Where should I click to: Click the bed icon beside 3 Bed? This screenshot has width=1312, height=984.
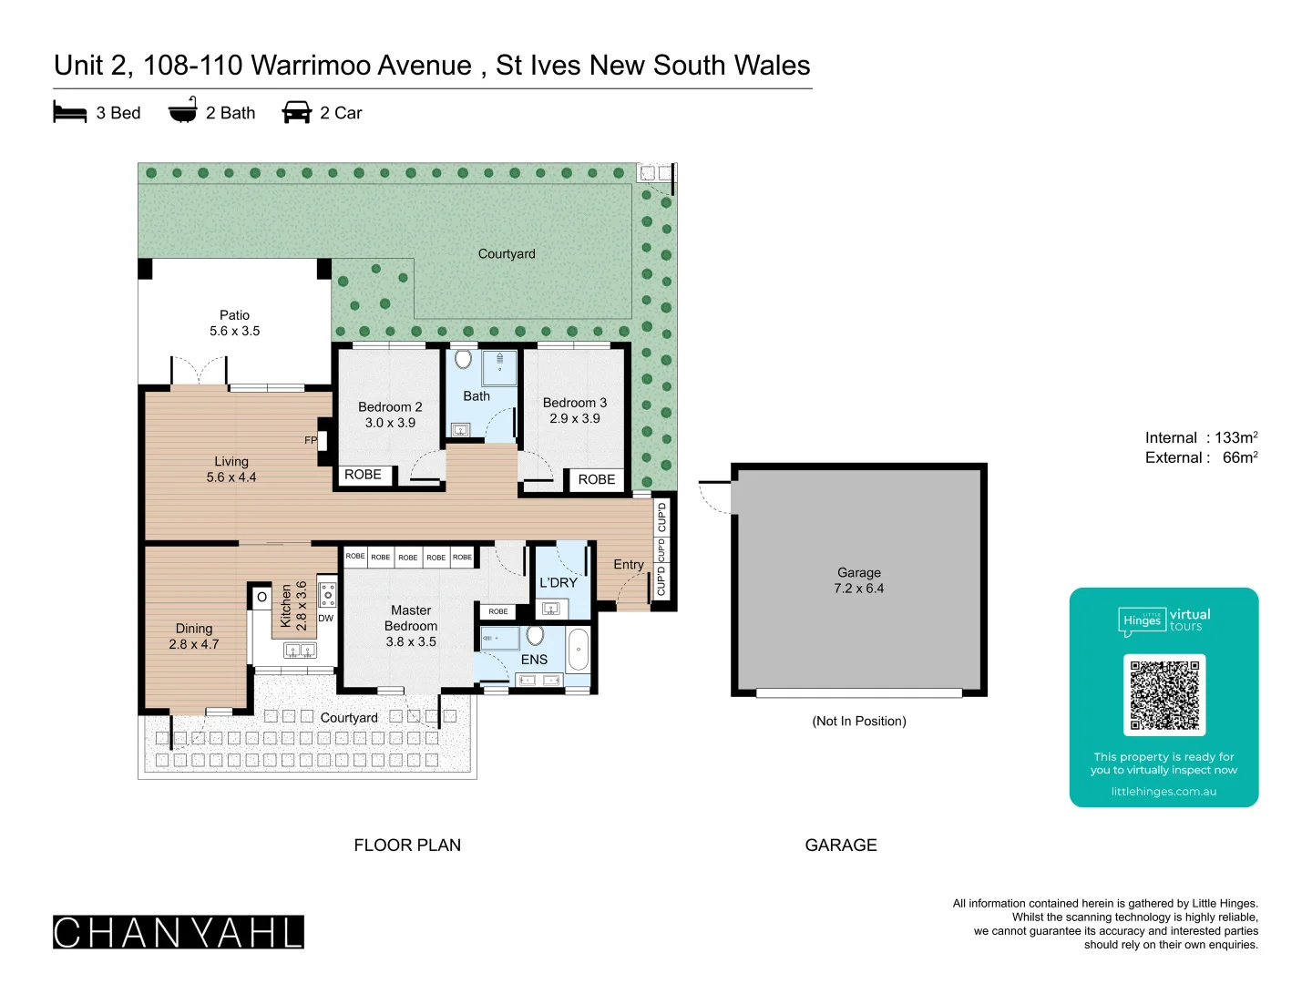pyautogui.click(x=70, y=112)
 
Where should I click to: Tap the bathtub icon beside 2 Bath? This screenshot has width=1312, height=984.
pyautogui.click(x=183, y=110)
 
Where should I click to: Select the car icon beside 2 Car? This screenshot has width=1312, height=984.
pyautogui.click(x=297, y=112)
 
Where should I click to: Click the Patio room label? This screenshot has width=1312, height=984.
pyautogui.click(x=234, y=315)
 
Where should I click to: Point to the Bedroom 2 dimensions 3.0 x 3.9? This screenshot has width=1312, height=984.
pyautogui.click(x=390, y=423)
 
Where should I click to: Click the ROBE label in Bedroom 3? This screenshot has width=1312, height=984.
pyautogui.click(x=597, y=479)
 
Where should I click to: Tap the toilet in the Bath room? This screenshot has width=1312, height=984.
pyautogui.click(x=464, y=359)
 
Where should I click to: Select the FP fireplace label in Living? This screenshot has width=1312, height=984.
pyautogui.click(x=311, y=440)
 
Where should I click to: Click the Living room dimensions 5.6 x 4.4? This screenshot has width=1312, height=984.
pyautogui.click(x=231, y=477)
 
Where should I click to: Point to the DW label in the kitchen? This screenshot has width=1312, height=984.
pyautogui.click(x=325, y=618)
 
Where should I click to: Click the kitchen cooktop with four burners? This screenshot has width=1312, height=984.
pyautogui.click(x=327, y=594)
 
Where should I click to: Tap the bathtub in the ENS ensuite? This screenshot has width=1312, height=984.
pyautogui.click(x=578, y=650)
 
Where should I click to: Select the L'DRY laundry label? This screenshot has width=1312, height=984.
pyautogui.click(x=558, y=582)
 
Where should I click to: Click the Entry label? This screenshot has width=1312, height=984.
pyautogui.click(x=629, y=564)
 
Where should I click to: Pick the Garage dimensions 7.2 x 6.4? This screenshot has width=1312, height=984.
pyautogui.click(x=858, y=589)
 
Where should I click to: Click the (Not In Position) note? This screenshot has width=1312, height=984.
pyautogui.click(x=858, y=721)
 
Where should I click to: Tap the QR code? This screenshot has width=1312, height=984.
pyautogui.click(x=1163, y=695)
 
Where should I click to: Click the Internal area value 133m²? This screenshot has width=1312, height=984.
pyautogui.click(x=1235, y=437)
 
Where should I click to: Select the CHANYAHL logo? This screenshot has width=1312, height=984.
pyautogui.click(x=179, y=932)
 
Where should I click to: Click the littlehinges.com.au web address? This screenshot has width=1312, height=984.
pyautogui.click(x=1163, y=792)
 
